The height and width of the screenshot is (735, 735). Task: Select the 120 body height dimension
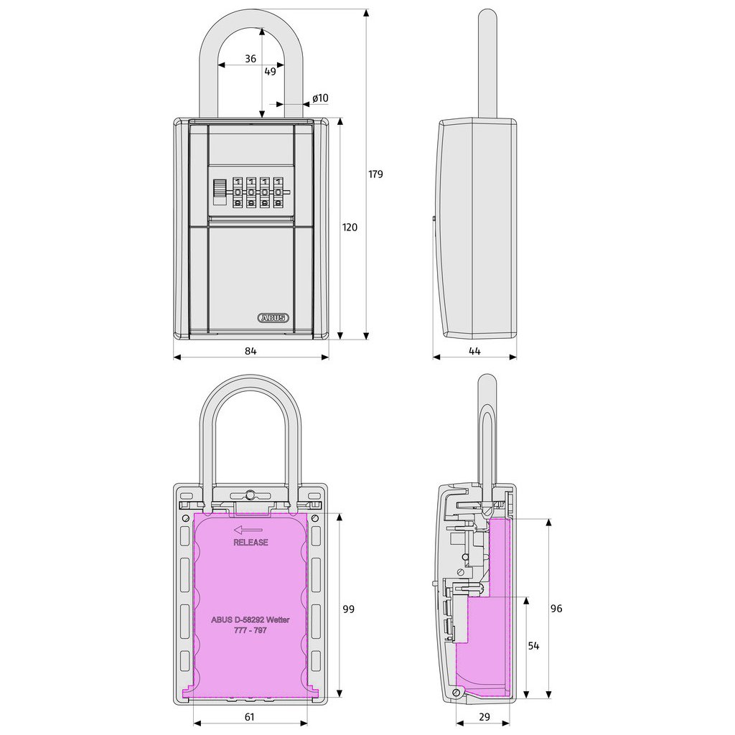350,228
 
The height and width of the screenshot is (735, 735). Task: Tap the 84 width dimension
250,350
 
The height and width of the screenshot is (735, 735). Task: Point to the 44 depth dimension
474,350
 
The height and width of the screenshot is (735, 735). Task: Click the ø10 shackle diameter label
320,98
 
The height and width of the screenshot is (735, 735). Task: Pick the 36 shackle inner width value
250,60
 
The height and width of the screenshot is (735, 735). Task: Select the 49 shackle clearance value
270,72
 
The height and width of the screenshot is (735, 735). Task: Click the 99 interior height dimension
348,609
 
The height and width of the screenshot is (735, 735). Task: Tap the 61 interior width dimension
250,716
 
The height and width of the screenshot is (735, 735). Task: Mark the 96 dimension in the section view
556,609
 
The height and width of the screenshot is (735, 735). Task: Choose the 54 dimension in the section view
533,646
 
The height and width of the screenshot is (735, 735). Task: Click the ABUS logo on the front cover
273,317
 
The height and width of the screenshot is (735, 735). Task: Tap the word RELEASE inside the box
251,543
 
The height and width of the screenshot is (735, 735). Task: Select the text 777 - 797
251,629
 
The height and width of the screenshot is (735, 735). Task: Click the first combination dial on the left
238,192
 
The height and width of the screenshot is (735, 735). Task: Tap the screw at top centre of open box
249,495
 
